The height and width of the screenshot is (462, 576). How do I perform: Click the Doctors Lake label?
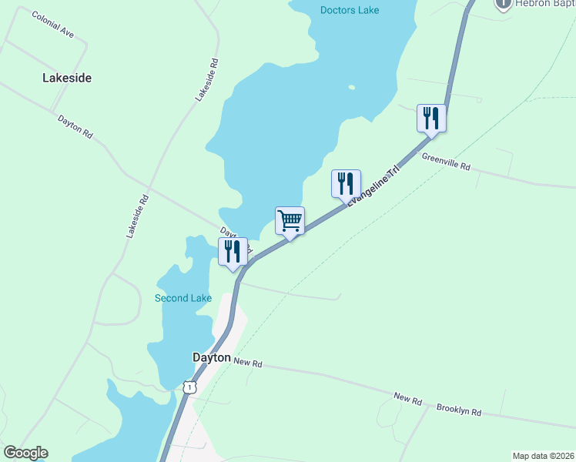(x=349, y=10)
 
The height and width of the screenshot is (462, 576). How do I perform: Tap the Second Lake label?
(x=183, y=298)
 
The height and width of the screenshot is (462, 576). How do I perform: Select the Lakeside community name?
(x=67, y=79)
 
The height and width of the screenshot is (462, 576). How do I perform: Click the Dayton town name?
(x=210, y=358)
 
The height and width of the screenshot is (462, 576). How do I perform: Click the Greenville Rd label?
(x=445, y=160)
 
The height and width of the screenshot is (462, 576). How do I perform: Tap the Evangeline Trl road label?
(x=374, y=186)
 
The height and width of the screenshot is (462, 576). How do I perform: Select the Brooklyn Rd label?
(x=458, y=410)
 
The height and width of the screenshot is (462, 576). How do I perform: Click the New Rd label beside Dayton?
(x=247, y=362)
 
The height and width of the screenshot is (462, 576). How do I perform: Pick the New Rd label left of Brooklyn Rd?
(x=407, y=399)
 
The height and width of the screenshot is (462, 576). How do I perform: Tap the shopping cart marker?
(x=290, y=221)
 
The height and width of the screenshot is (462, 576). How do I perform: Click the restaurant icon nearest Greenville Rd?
(x=430, y=119)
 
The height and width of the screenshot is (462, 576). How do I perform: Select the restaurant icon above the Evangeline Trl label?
(x=345, y=184)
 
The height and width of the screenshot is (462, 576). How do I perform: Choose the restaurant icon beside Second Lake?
(x=232, y=252)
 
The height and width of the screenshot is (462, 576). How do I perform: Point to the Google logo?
(x=25, y=453)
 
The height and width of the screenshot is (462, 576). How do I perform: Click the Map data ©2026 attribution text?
(x=543, y=456)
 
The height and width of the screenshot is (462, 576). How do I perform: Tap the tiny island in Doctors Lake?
(x=351, y=87)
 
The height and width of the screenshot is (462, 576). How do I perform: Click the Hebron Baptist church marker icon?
(x=504, y=4)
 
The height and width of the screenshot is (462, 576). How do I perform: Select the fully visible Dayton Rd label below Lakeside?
(x=75, y=126)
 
